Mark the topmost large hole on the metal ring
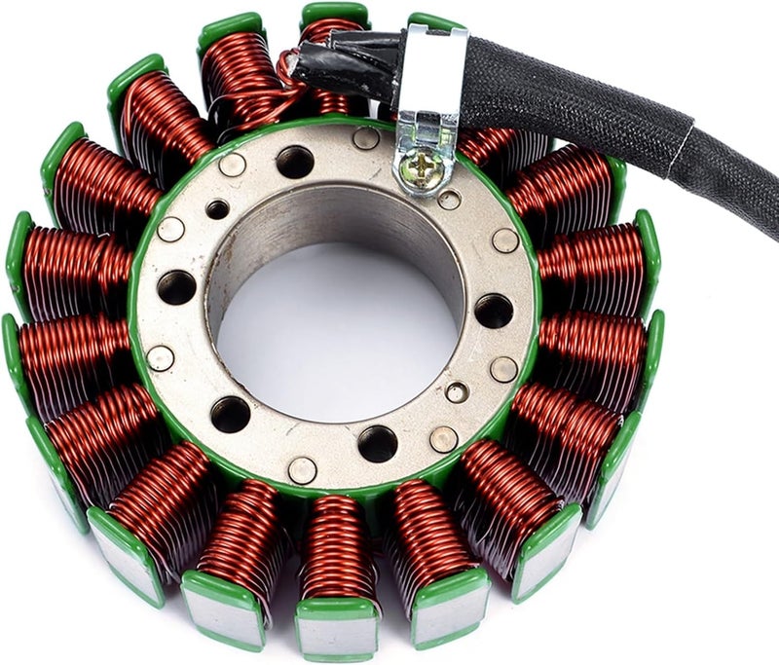[x=295, y=162]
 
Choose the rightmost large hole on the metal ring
[x=494, y=311]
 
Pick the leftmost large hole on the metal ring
[x=176, y=287]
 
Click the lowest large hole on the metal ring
[x=377, y=444]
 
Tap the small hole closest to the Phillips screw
[x=449, y=200]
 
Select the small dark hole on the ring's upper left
[x=217, y=209]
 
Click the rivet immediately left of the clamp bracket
[x=366, y=138]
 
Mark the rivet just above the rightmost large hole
[x=505, y=240]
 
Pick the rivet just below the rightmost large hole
[x=503, y=369]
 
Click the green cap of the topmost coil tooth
[x=333, y=13]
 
